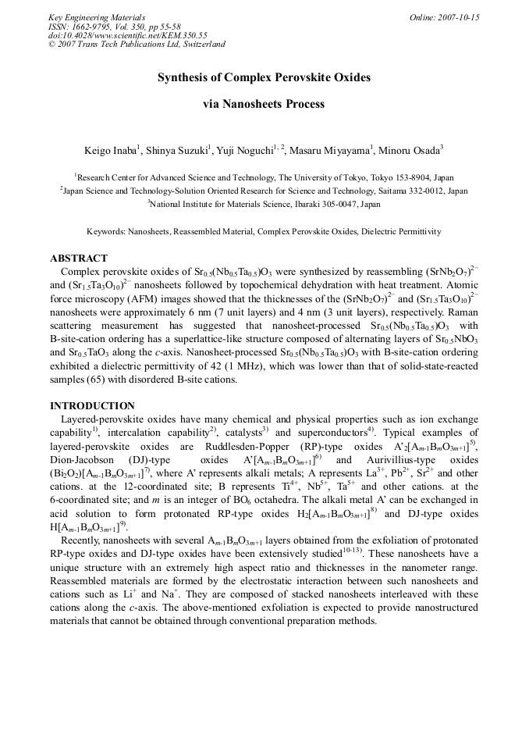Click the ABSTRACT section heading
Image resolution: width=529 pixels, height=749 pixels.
coord(79,258)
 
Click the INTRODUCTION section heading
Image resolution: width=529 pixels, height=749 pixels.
coord(92,406)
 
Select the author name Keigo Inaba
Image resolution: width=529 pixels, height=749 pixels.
coord(111,150)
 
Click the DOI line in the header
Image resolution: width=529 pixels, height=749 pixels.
coord(127,35)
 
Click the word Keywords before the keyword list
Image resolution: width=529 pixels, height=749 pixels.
coord(107,231)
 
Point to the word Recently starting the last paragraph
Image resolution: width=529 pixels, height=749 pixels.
coord(84,540)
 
